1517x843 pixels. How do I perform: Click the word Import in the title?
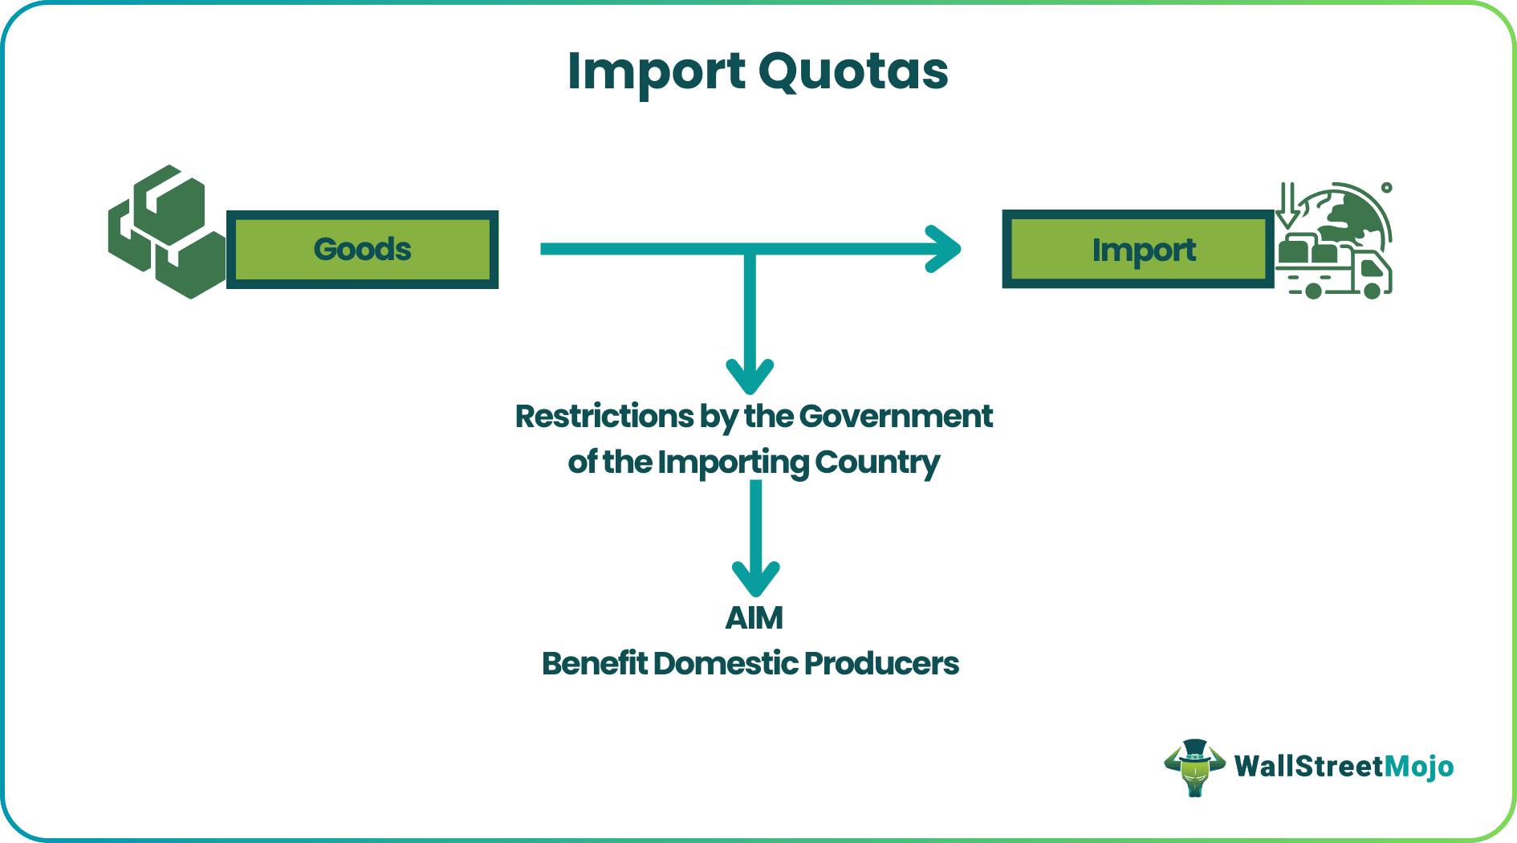pyautogui.click(x=656, y=72)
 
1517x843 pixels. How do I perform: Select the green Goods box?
pyautogui.click(x=362, y=250)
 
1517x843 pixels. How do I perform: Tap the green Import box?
pyautogui.click(x=1138, y=250)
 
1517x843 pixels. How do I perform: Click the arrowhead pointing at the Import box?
pyautogui.click(x=945, y=249)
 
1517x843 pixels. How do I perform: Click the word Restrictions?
pyautogui.click(x=604, y=417)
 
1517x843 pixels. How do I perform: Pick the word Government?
pyautogui.click(x=896, y=417)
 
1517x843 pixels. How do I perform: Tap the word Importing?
pyautogui.click(x=734, y=462)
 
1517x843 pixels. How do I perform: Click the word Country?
pyautogui.click(x=876, y=462)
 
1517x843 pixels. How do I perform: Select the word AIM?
pyautogui.click(x=754, y=618)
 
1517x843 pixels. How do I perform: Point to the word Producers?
pyautogui.click(x=881, y=664)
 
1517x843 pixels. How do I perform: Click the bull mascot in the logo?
pyautogui.click(x=1194, y=768)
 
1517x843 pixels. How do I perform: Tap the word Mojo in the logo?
pyautogui.click(x=1419, y=767)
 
